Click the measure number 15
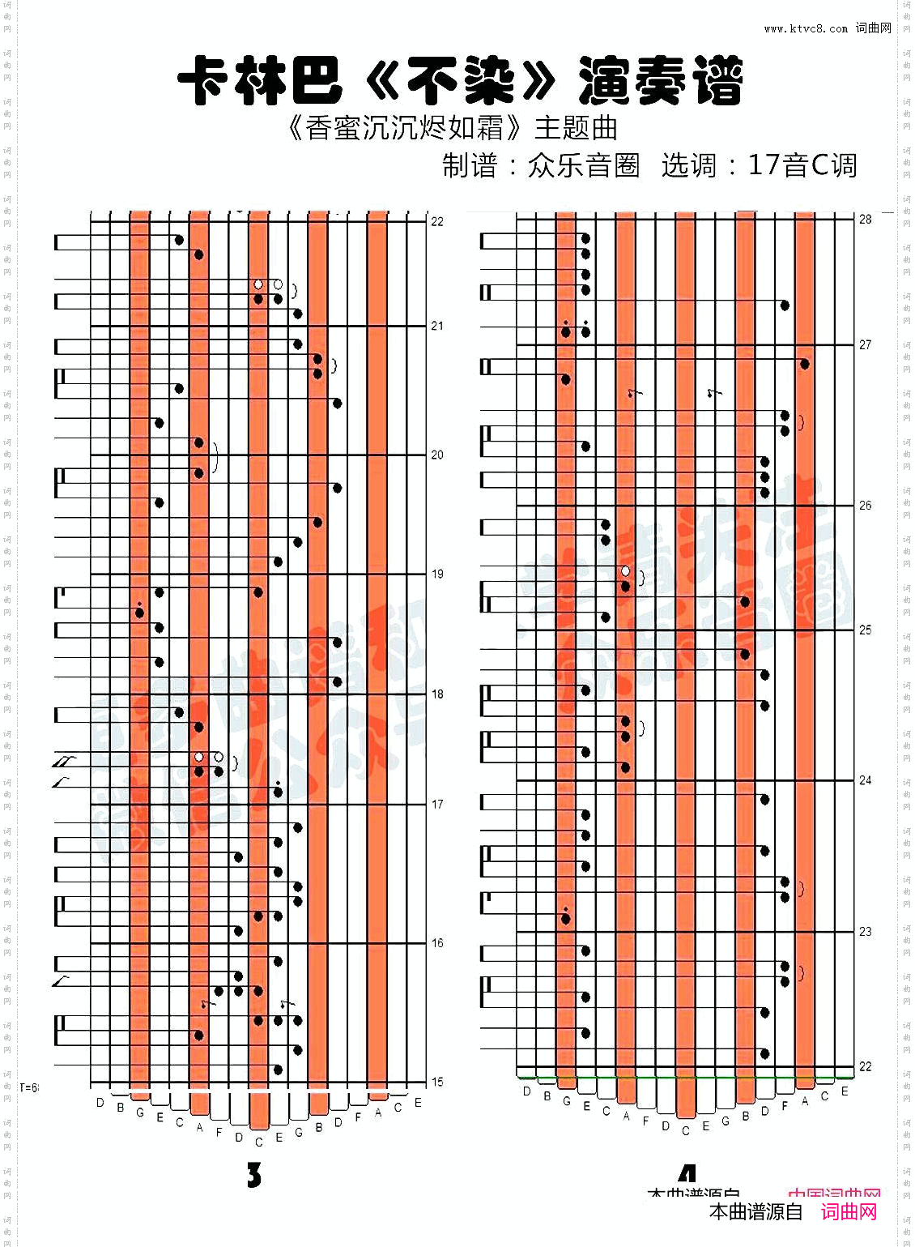pyautogui.click(x=437, y=1082)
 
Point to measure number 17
pyautogui.click(x=437, y=805)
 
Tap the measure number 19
pyautogui.click(x=437, y=574)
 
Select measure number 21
pyautogui.click(x=437, y=326)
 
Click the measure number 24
pyautogui.click(x=865, y=780)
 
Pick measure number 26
pyautogui.click(x=865, y=505)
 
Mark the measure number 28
pyautogui.click(x=865, y=219)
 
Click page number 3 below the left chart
pyautogui.click(x=254, y=1175)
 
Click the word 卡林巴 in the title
pyautogui.click(x=260, y=81)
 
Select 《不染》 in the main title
pyautogui.click(x=460, y=81)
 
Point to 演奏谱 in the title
pyautogui.click(x=661, y=81)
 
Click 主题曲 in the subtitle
pyautogui.click(x=576, y=128)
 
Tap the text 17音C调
pyautogui.click(x=802, y=165)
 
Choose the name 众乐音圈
pyautogui.click(x=583, y=165)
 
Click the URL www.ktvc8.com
pyautogui.click(x=805, y=28)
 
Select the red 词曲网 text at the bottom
pyautogui.click(x=849, y=1211)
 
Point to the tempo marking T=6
pyautogui.click(x=29, y=1087)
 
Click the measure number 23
pyautogui.click(x=865, y=932)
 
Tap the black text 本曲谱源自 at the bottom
pyautogui.click(x=755, y=1211)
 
